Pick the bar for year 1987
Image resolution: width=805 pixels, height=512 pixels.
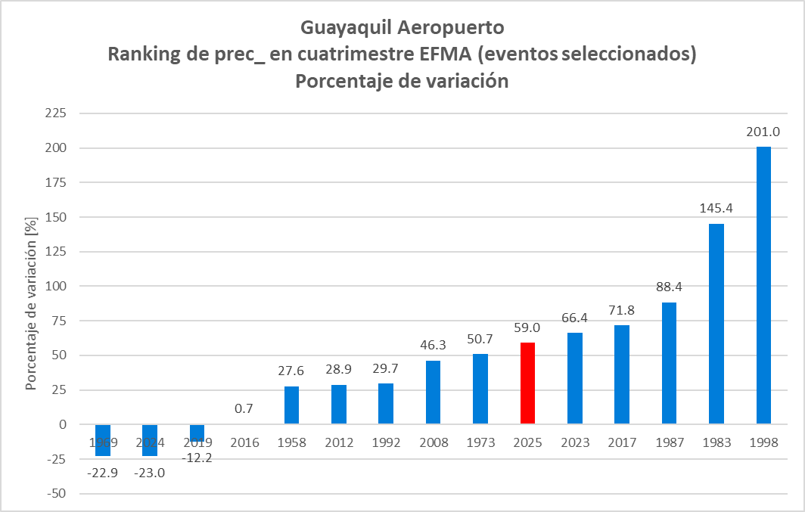point(669,363)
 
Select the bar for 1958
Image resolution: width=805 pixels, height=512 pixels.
point(291,405)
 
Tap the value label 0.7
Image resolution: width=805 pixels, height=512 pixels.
point(244,408)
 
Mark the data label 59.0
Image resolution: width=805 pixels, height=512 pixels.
point(527,327)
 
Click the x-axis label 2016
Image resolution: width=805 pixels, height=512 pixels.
point(244,442)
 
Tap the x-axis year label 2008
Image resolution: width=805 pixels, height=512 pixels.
point(433,442)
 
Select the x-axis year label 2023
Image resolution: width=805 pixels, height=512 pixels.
point(574,442)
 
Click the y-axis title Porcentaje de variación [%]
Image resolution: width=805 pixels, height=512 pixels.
point(31,303)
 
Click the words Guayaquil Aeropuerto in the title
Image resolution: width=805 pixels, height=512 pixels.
point(402,28)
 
